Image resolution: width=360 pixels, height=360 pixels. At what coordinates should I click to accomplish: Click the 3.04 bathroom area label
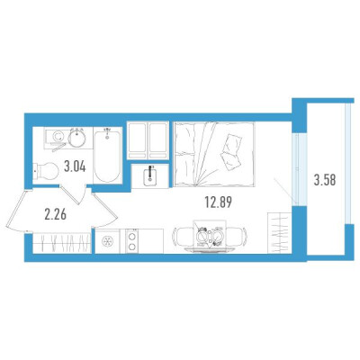click(75, 166)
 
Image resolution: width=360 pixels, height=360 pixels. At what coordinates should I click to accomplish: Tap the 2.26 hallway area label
click(56, 215)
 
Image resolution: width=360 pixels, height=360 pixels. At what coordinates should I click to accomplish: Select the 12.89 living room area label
click(219, 202)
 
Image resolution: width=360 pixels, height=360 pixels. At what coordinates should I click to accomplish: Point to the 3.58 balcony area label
click(325, 181)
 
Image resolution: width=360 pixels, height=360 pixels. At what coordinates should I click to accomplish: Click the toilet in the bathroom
click(46, 171)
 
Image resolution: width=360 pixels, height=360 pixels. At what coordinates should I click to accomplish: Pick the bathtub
click(107, 156)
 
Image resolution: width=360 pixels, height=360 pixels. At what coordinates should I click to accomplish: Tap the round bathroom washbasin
click(76, 138)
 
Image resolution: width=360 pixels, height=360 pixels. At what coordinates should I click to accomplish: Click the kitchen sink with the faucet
click(150, 176)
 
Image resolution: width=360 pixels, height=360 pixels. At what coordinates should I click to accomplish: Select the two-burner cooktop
click(131, 241)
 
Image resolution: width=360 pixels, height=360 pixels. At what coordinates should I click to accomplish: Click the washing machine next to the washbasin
click(56, 138)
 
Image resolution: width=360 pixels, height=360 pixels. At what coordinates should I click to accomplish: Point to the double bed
click(214, 155)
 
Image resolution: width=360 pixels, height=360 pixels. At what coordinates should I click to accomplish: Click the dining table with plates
click(210, 237)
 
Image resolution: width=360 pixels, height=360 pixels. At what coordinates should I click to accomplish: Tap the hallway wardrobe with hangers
click(62, 243)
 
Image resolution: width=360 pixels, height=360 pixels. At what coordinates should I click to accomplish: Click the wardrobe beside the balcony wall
click(280, 233)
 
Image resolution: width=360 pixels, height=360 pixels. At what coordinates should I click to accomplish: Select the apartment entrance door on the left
click(17, 211)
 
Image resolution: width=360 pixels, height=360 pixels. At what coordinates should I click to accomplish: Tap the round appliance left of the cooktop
click(107, 241)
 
